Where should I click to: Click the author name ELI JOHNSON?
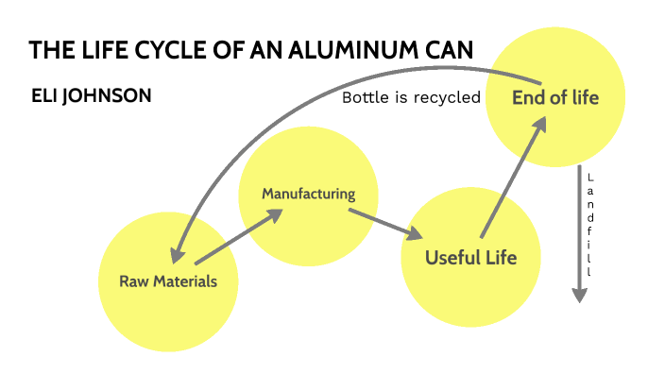pyautogui.click(x=91, y=96)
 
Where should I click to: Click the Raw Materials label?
pyautogui.click(x=168, y=281)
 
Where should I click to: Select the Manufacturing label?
pyautogui.click(x=308, y=195)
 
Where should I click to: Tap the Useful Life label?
pyautogui.click(x=470, y=258)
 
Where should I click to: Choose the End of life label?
pyautogui.click(x=554, y=97)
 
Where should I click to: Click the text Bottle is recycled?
pyautogui.click(x=411, y=97)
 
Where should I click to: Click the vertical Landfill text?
pyautogui.click(x=589, y=225)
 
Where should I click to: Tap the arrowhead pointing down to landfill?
pyautogui.click(x=580, y=294)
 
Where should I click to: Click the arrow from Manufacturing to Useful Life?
pyautogui.click(x=384, y=222)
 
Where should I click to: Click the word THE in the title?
pyautogui.click(x=45, y=51)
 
